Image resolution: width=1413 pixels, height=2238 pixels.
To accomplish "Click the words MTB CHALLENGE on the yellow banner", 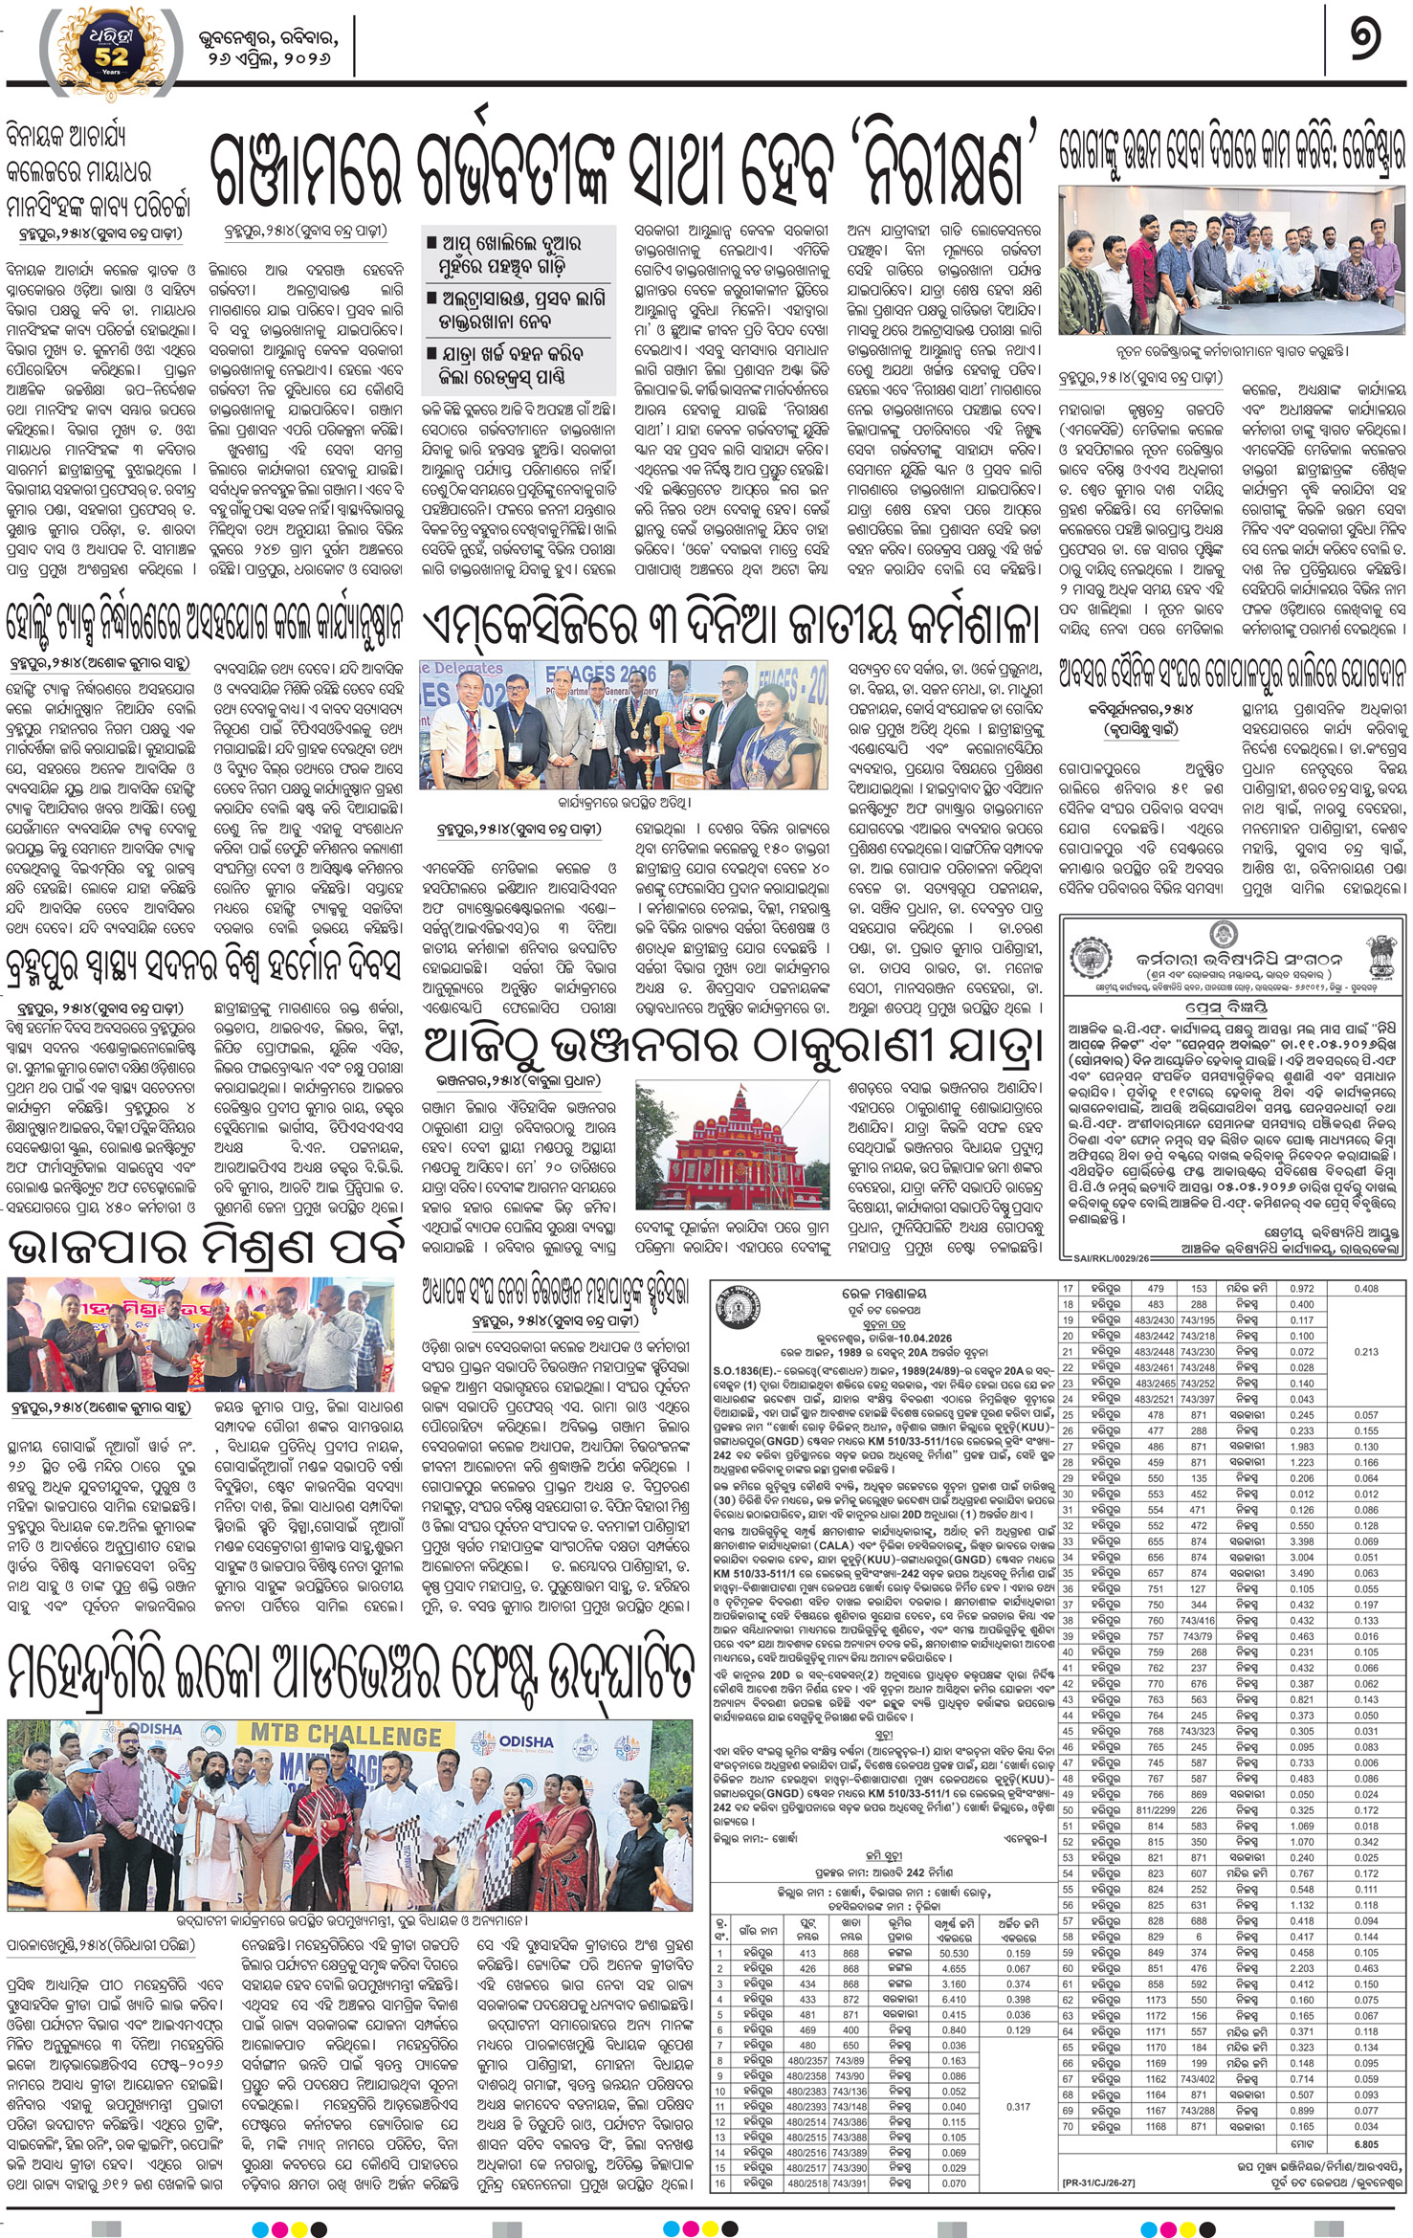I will (346, 1735).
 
